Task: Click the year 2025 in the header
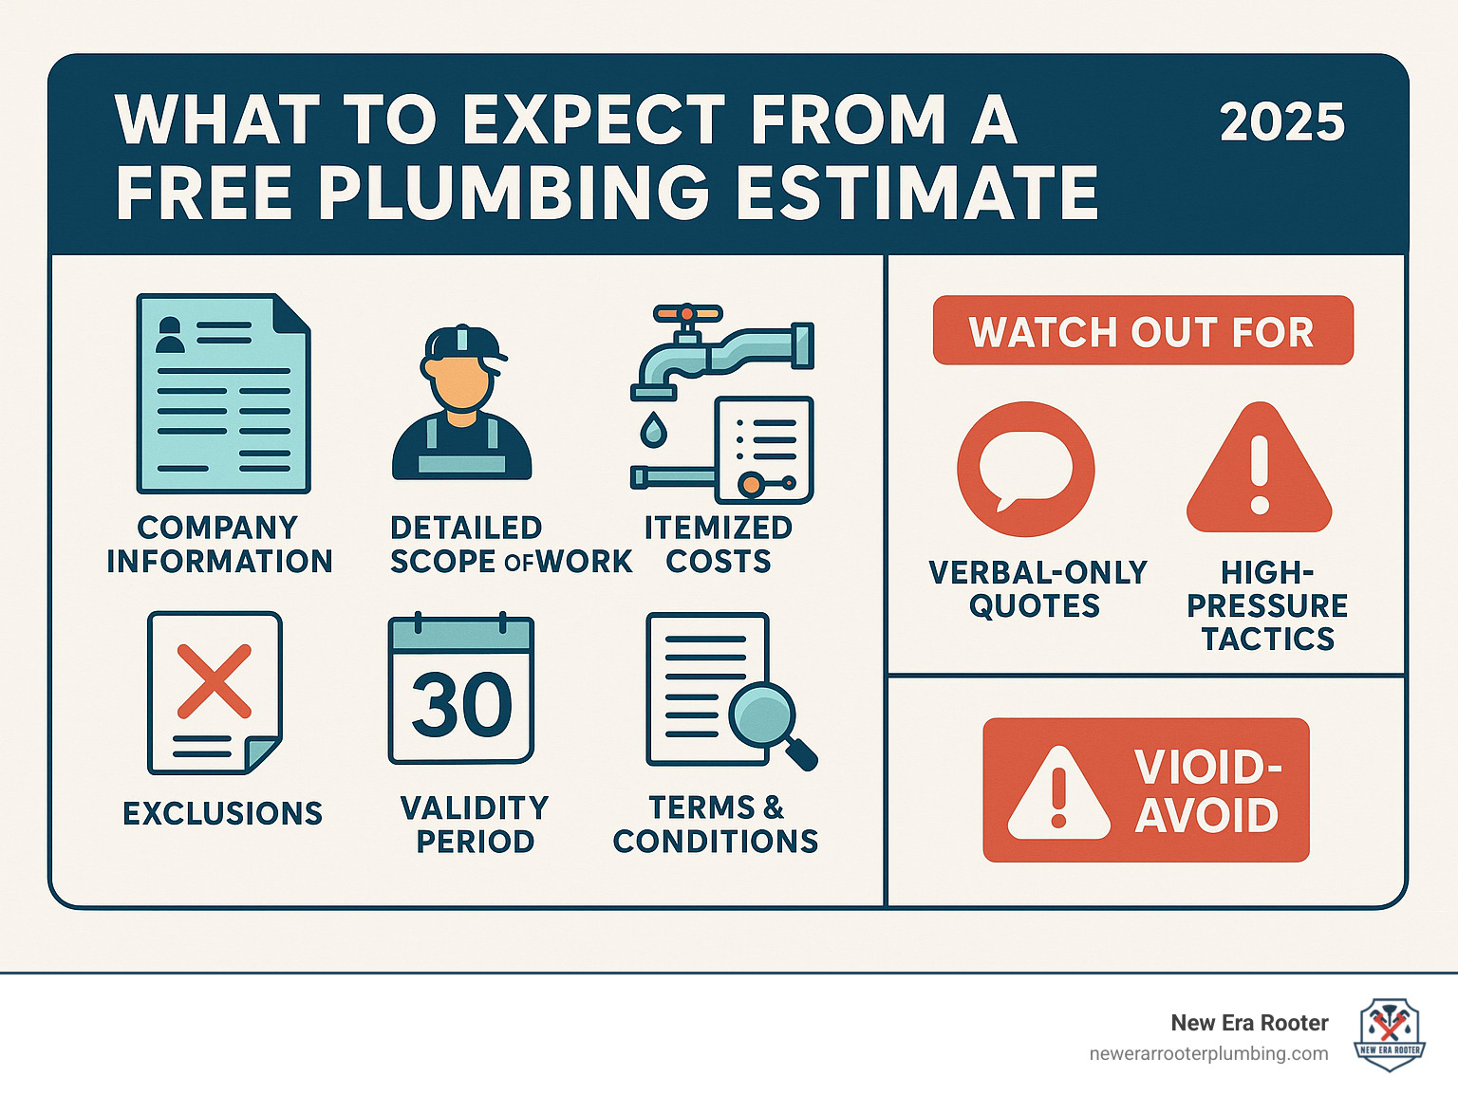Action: pos(1281,122)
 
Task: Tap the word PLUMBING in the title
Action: pos(514,193)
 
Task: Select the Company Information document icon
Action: pos(223,394)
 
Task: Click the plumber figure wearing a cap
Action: pos(462,403)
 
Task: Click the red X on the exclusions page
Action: pos(215,681)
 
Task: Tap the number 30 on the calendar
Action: pos(461,705)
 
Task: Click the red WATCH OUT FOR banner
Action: pos(1142,331)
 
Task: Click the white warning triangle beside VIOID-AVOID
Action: pos(1058,795)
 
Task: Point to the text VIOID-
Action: pos(1207,767)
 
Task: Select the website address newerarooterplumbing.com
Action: pos(1208,1054)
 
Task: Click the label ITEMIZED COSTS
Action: pos(719,545)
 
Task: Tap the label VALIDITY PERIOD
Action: pos(475,824)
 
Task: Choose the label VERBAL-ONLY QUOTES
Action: pos(1037,589)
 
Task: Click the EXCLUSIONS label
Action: pos(223,813)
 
